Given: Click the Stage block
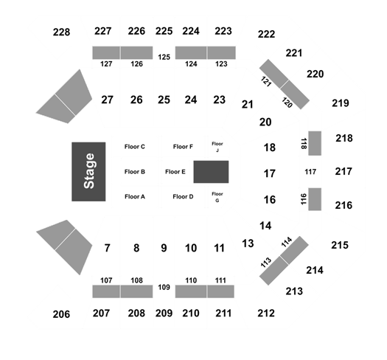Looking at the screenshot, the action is pyautogui.click(x=88, y=171).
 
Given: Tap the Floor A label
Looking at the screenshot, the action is pyautogui.click(x=135, y=197).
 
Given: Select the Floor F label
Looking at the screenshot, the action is pyautogui.click(x=183, y=147).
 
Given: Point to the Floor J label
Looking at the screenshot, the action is pyautogui.click(x=217, y=147).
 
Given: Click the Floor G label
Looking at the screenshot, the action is pyautogui.click(x=217, y=197).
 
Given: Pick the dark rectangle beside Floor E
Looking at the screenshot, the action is pyautogui.click(x=211, y=172).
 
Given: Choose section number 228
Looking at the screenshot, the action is pyautogui.click(x=61, y=32).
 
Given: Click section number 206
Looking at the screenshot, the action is pyautogui.click(x=61, y=314).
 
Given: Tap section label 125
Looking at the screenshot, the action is pyautogui.click(x=164, y=57).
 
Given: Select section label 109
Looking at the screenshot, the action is pyautogui.click(x=164, y=287).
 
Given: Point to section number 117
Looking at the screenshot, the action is pyautogui.click(x=310, y=171).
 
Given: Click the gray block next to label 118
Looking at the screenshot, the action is pyautogui.click(x=315, y=143).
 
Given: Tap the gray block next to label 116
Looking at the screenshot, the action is pyautogui.click(x=315, y=199).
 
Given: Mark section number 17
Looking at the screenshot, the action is pyautogui.click(x=270, y=173).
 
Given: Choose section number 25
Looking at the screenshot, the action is pyautogui.click(x=164, y=100).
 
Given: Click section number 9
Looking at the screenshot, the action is pyautogui.click(x=164, y=248).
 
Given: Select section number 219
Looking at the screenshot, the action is pyautogui.click(x=341, y=103).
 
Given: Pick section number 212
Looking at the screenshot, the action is pyautogui.click(x=266, y=314).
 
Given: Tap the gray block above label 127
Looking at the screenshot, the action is pyautogui.click(x=106, y=52).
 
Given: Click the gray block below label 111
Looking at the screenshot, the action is pyautogui.click(x=220, y=291).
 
